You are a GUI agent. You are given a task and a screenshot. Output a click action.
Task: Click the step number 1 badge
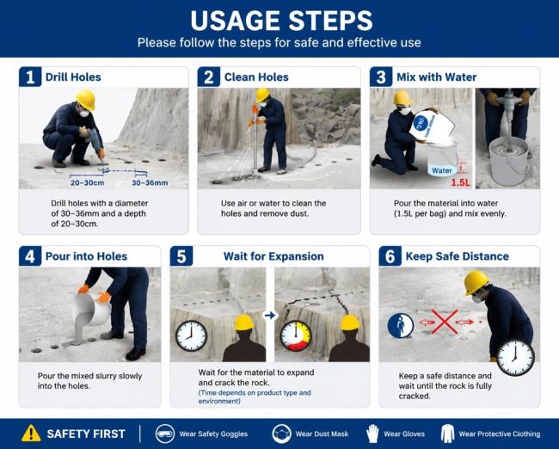click(30, 77)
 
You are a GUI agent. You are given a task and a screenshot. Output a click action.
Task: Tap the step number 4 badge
click(30, 256)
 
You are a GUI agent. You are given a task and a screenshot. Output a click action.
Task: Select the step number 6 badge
click(390, 256)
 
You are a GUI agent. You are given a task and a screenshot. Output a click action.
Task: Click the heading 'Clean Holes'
click(256, 77)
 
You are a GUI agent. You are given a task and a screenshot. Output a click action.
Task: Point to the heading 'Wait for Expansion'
click(273, 256)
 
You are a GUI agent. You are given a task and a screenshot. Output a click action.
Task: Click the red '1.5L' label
click(461, 183)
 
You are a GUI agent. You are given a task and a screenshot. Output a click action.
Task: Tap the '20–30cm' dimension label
click(88, 183)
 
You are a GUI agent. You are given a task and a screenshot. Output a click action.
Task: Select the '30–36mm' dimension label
click(150, 183)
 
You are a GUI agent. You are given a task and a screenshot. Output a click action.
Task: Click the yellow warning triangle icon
click(31, 434)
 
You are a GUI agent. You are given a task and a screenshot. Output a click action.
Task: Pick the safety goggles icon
click(165, 434)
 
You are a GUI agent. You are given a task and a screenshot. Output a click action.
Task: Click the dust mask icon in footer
click(281, 434)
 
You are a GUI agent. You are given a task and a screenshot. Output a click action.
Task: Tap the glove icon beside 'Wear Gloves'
click(372, 434)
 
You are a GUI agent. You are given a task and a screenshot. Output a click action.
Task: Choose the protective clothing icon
click(447, 434)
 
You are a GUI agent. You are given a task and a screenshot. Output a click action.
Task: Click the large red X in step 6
click(445, 322)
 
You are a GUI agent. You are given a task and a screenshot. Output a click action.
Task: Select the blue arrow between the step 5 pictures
click(270, 316)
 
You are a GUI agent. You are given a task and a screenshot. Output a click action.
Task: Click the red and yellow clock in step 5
click(296, 336)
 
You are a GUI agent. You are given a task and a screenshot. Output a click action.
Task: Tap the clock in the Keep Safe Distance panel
click(515, 358)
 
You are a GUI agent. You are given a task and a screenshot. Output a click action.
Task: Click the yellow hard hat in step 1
click(85, 99)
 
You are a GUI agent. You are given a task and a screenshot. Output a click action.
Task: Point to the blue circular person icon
click(401, 326)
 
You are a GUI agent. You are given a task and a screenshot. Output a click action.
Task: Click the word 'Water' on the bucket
click(442, 170)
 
